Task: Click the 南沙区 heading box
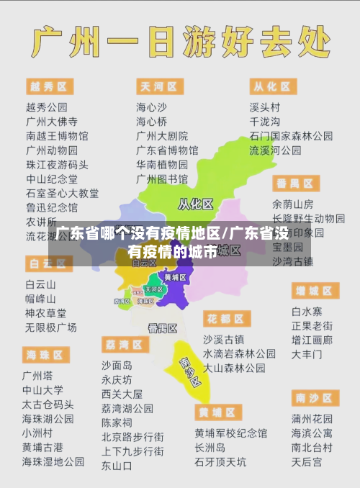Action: click(315, 397)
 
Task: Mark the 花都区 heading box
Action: click(226, 317)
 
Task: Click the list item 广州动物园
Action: click(52, 150)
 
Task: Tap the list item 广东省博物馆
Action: click(167, 150)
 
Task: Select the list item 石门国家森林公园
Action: click(291, 135)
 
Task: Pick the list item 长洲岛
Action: click(210, 448)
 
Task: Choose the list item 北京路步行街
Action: click(132, 436)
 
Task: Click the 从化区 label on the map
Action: click(195, 204)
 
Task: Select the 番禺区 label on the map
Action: click(163, 327)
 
